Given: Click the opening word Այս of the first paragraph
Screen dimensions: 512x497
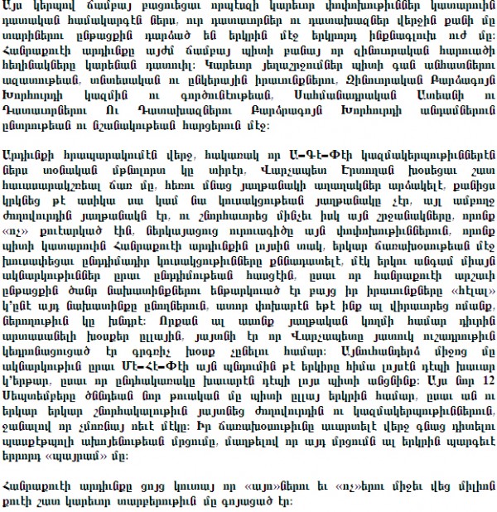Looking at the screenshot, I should [x=17, y=11].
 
